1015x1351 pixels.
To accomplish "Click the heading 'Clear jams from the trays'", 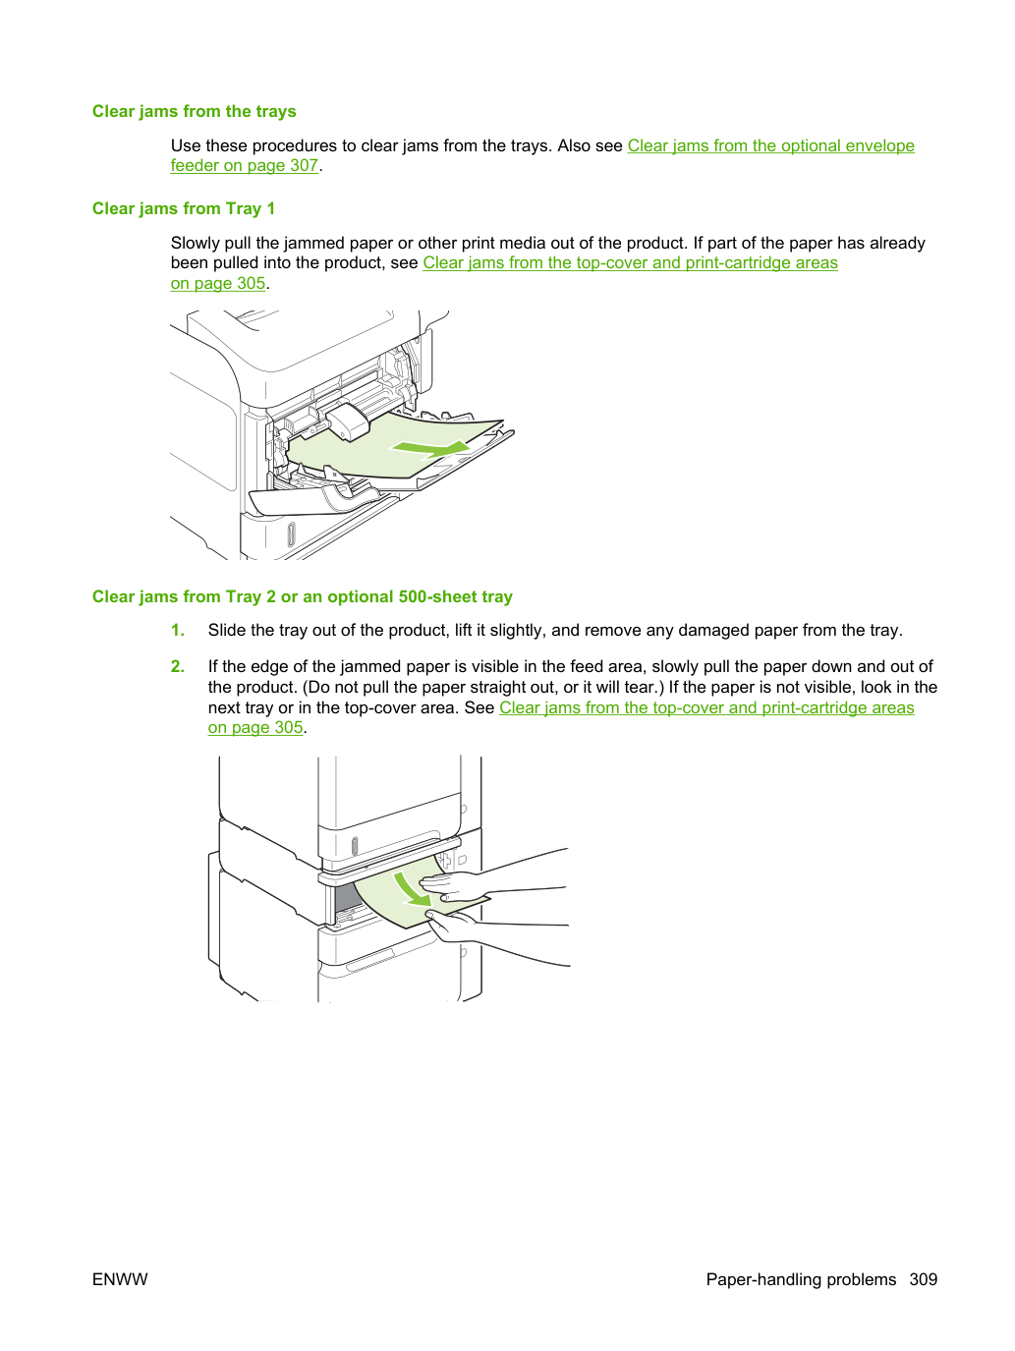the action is [194, 111].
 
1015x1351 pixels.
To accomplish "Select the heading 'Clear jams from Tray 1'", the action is [184, 208].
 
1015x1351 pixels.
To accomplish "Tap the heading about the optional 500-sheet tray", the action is [303, 596].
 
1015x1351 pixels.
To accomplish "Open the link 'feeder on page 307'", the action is [245, 166].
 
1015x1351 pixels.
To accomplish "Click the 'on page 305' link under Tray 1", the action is [218, 283].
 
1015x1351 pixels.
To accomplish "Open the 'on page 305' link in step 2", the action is [255, 727].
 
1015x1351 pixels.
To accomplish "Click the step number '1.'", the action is [178, 630].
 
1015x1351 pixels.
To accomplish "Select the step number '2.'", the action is [178, 666].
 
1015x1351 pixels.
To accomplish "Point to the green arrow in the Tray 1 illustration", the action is [430, 448].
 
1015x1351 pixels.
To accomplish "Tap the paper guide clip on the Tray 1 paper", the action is [348, 421].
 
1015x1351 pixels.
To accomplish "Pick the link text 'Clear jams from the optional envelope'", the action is [770, 145].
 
